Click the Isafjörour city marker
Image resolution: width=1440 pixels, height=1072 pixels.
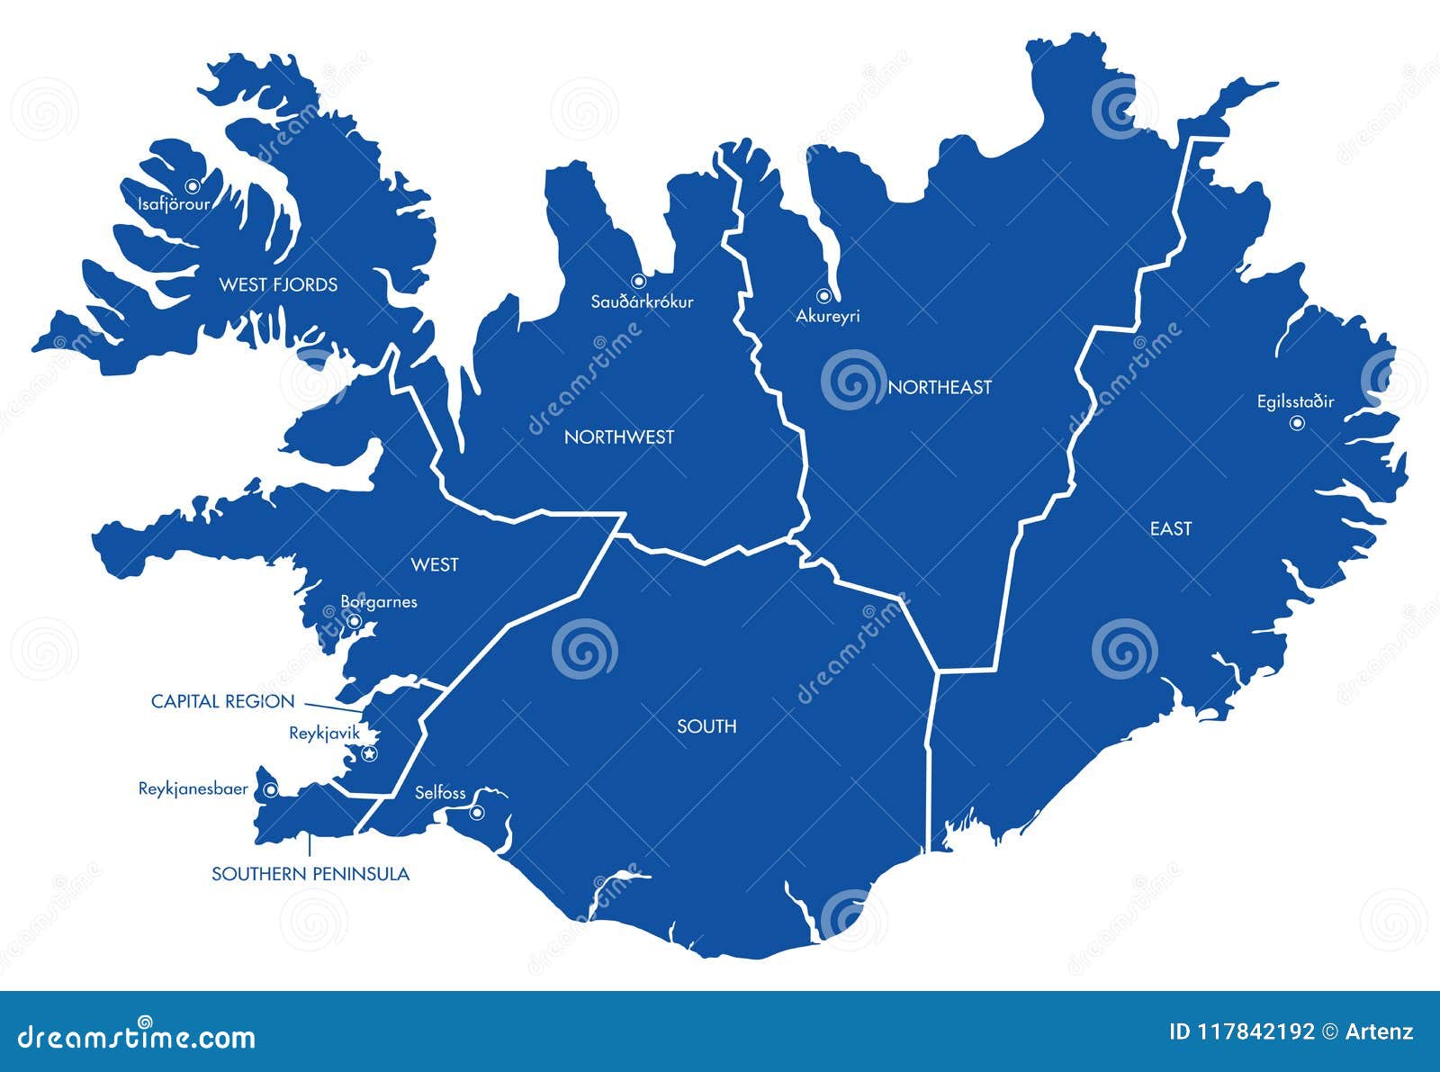pos(192,186)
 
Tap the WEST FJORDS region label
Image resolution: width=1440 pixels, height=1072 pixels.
pos(278,285)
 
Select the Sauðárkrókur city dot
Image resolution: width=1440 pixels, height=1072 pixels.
pos(638,281)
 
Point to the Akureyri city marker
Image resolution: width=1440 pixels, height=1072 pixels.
pos(823,295)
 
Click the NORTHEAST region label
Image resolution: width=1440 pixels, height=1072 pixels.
pos(940,388)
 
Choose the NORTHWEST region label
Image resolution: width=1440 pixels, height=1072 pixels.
pos(618,437)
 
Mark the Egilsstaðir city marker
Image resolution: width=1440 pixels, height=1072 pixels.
pos(1297,423)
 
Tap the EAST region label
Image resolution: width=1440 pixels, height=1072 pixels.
pos(1170,529)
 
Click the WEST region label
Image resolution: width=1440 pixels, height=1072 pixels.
pos(435,565)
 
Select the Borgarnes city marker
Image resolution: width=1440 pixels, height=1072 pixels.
pos(355,621)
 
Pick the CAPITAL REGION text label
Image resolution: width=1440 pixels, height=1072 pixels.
pos(222,702)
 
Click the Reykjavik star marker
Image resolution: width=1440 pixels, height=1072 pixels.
pos(369,753)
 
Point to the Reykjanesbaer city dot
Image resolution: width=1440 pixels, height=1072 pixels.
pos(270,790)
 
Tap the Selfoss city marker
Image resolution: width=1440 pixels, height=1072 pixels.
pos(477,813)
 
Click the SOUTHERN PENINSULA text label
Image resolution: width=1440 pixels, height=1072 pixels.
pos(310,874)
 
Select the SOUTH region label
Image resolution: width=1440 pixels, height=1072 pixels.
pos(706,726)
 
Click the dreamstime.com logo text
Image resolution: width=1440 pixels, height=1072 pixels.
pos(136,1036)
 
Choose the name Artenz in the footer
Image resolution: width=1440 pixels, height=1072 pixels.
pos(1379,1032)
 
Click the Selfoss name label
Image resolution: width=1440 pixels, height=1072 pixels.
pos(440,793)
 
